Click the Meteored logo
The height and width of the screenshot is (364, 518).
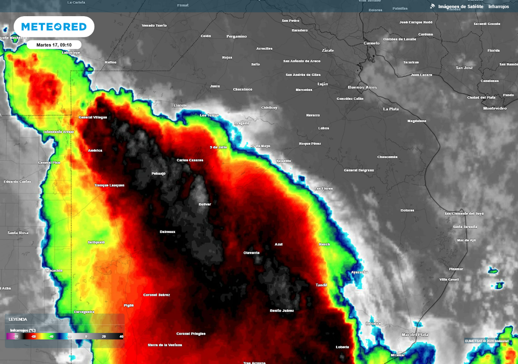(54, 27)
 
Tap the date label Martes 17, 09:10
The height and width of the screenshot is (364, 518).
(54, 45)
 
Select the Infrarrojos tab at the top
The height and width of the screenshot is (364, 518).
(498, 7)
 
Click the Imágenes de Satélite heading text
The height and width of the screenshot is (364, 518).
(460, 7)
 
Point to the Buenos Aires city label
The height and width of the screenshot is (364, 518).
(362, 87)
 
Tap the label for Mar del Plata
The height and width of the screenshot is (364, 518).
(415, 335)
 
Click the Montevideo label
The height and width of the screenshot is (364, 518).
(495, 108)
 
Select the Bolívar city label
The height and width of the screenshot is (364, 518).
(205, 204)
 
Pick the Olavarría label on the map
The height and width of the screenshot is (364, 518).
(251, 252)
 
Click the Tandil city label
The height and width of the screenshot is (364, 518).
(321, 285)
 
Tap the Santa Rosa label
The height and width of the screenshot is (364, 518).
(18, 233)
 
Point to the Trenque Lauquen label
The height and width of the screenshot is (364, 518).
(109, 185)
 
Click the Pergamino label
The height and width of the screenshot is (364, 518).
(237, 36)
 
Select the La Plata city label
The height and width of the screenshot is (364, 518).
(391, 109)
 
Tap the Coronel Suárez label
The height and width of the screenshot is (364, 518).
(157, 295)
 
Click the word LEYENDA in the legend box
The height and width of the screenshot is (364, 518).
(18, 319)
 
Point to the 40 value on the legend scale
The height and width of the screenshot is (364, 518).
(121, 336)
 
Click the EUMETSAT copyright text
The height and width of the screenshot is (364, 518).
(487, 341)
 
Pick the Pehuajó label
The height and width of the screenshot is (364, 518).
(159, 173)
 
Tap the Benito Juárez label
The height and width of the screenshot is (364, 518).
(282, 310)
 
